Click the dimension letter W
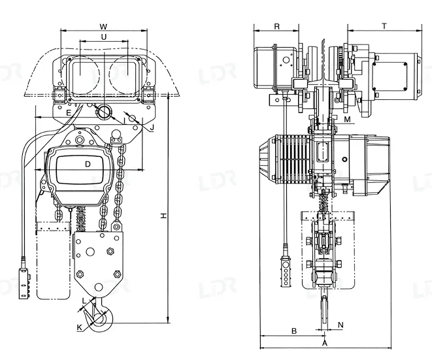click(x=103, y=27)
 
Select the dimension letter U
click(x=104, y=37)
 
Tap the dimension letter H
click(x=164, y=216)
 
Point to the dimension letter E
click(x=69, y=112)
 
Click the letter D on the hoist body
click(x=88, y=165)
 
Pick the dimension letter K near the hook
click(x=79, y=327)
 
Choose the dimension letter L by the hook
click(x=84, y=301)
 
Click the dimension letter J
click(x=152, y=127)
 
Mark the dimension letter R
click(x=277, y=26)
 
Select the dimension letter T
click(x=384, y=26)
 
